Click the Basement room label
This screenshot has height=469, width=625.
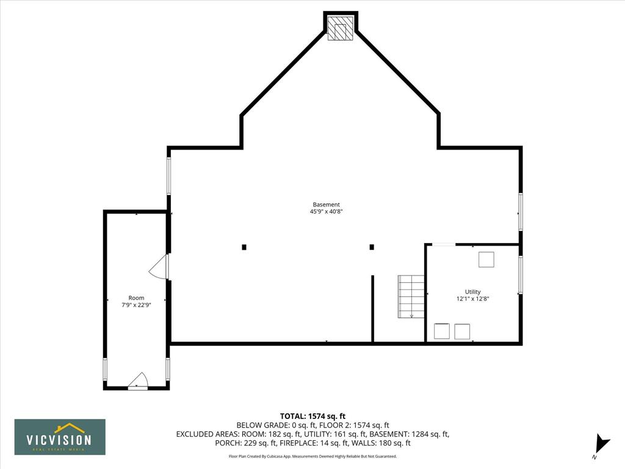click(x=326, y=205)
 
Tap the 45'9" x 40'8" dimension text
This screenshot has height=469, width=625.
click(x=326, y=212)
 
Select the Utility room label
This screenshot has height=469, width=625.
click(x=473, y=291)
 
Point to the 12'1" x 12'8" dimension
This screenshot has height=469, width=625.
click(x=473, y=299)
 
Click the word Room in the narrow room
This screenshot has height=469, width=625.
click(x=136, y=298)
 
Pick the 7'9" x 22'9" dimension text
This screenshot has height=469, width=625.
click(x=136, y=305)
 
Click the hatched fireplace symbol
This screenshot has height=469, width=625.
click(x=341, y=28)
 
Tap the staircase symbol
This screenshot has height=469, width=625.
click(x=411, y=296)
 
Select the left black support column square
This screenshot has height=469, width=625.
click(x=244, y=247)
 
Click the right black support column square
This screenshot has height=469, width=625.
click(x=372, y=247)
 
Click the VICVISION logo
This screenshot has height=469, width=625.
click(x=60, y=437)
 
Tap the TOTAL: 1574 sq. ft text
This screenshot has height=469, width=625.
click(x=313, y=416)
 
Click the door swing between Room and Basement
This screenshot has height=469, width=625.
click(x=159, y=267)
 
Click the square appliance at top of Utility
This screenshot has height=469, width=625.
click(x=486, y=260)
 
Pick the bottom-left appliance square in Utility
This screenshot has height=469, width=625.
click(x=442, y=332)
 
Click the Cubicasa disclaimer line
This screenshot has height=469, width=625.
click(x=312, y=456)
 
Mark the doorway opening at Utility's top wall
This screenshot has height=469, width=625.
click(x=444, y=244)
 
